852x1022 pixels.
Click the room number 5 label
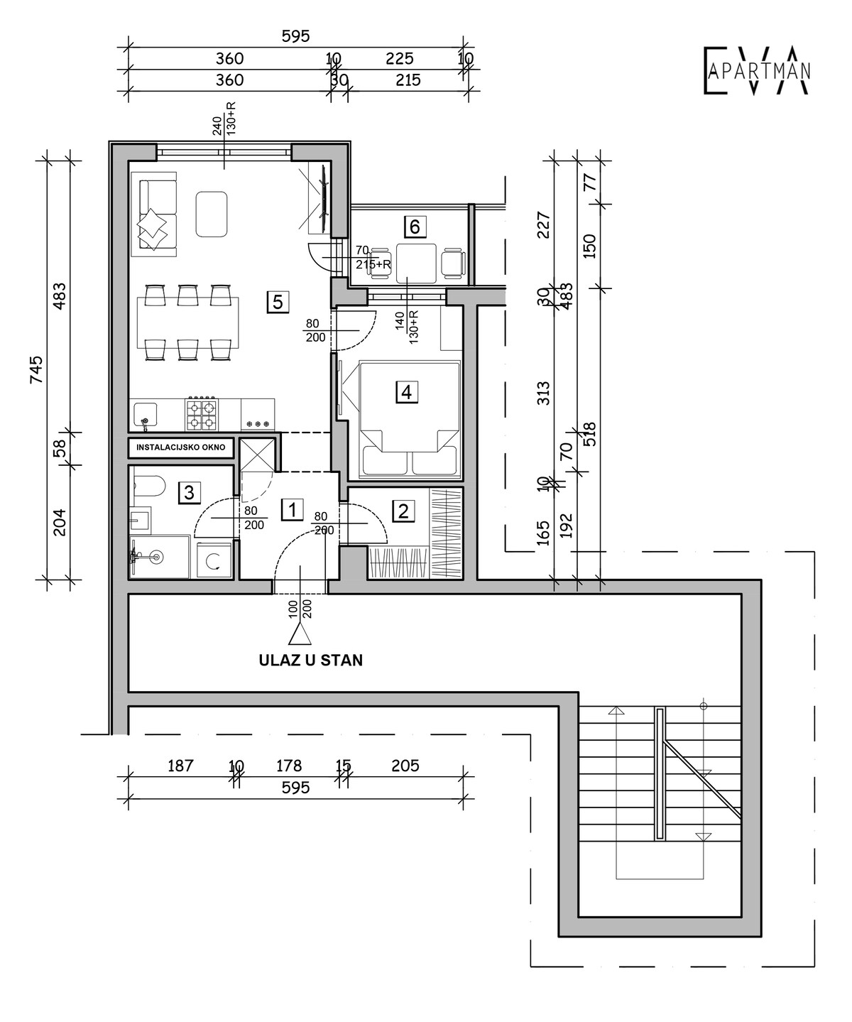tap(278, 302)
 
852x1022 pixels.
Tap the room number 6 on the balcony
tap(415, 227)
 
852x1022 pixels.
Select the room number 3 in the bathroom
tap(189, 492)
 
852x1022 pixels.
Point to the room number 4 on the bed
tap(407, 392)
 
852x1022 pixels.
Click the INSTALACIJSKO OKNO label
tap(180, 447)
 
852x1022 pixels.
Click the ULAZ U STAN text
tap(311, 661)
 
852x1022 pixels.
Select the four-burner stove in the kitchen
tap(202, 414)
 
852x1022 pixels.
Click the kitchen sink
tap(146, 415)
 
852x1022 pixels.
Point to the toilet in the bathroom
tap(149, 486)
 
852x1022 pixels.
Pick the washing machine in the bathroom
tap(214, 560)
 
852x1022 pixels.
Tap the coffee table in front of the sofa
tap(212, 214)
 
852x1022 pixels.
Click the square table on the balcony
tap(416, 263)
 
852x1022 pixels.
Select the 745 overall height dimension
tap(37, 369)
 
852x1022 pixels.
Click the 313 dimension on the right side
tap(543, 393)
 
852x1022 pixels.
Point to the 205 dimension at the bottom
tap(405, 766)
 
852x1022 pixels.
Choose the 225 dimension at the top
tap(399, 59)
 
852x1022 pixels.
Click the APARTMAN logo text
tap(759, 72)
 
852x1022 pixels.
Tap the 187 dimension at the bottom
tap(180, 766)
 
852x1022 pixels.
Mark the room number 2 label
tap(404, 511)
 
